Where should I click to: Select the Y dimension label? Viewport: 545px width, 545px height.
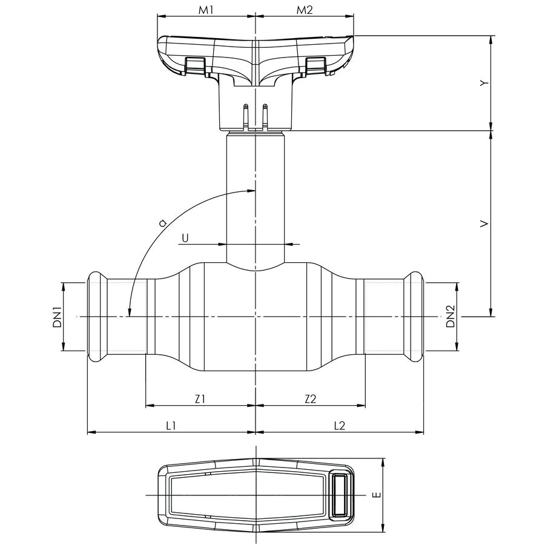tap(483, 83)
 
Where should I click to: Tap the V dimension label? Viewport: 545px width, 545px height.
tap(483, 224)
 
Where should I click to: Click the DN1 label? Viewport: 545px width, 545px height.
tap(56, 317)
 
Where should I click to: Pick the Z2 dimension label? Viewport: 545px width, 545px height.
tap(310, 398)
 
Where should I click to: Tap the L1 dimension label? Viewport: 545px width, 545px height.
tap(171, 426)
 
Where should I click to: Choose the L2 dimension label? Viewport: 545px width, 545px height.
tap(339, 426)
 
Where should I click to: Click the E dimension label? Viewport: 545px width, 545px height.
tap(376, 495)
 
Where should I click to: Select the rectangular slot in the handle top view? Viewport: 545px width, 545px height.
tap(340, 495)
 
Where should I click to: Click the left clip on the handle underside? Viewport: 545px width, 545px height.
tap(194, 66)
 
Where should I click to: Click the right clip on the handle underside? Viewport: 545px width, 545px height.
tap(315, 66)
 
